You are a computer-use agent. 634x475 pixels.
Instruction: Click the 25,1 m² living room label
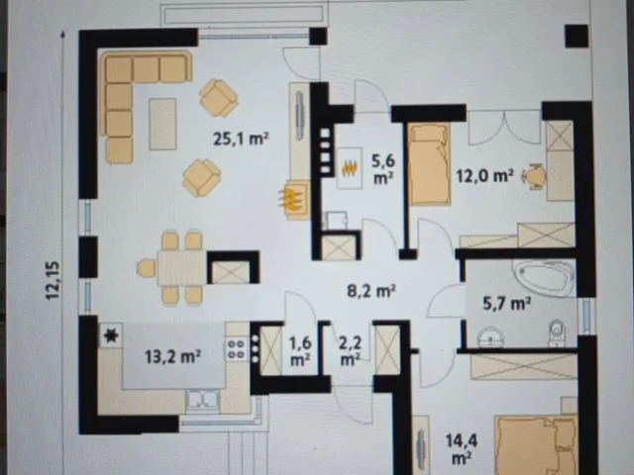pyautogui.click(x=241, y=139)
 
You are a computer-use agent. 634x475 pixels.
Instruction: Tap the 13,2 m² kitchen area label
pyautogui.click(x=173, y=356)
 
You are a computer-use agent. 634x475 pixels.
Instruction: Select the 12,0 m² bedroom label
pyautogui.click(x=484, y=176)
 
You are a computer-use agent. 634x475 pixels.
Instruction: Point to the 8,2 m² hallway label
pyautogui.click(x=371, y=290)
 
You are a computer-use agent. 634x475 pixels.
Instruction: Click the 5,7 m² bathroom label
pyautogui.click(x=507, y=303)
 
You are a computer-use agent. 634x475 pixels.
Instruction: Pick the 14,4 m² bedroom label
pyautogui.click(x=462, y=448)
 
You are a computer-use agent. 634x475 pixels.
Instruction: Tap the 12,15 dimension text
pyautogui.click(x=53, y=280)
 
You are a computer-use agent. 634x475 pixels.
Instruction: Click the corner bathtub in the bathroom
pyautogui.click(x=544, y=278)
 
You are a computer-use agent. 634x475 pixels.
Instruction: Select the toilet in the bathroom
pyautogui.click(x=557, y=333)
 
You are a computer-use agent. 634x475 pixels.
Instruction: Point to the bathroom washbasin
pyautogui.click(x=490, y=336)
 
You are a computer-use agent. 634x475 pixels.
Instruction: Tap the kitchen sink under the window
pyautogui.click(x=202, y=400)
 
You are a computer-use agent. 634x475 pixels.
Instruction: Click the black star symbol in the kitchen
pyautogui.click(x=110, y=335)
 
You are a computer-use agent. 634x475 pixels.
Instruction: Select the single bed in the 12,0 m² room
pyautogui.click(x=429, y=163)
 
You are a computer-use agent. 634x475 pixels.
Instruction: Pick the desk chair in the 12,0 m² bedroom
pyautogui.click(x=534, y=176)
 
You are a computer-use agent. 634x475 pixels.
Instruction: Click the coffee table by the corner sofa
pyautogui.click(x=162, y=124)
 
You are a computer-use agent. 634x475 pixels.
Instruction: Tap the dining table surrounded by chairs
pyautogui.click(x=182, y=268)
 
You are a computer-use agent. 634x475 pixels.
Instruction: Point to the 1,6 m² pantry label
pyautogui.click(x=299, y=350)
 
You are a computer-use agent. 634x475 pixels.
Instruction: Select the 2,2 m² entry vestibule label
pyautogui.click(x=350, y=350)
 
